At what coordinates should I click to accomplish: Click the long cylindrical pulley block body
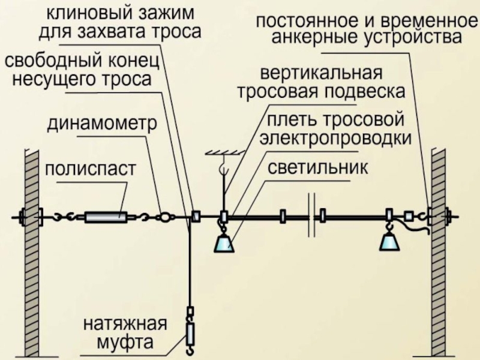pos(106,216)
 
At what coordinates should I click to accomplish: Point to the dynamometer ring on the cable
pos(164,216)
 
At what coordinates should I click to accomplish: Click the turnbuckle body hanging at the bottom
pos(191,331)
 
